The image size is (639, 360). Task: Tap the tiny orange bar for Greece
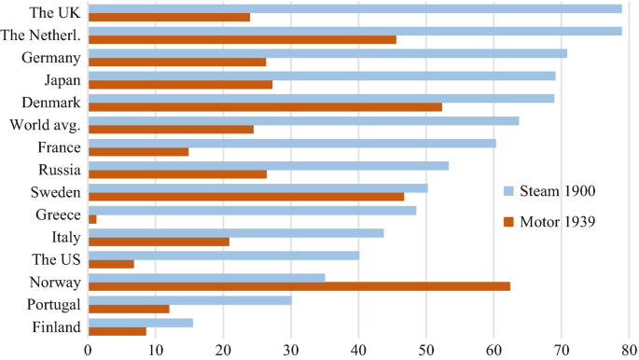coord(91,219)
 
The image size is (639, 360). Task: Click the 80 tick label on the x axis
coord(630,350)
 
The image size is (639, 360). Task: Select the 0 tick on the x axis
coord(88,350)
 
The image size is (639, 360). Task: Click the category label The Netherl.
coord(41,35)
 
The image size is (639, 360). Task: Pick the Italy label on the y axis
coord(65,237)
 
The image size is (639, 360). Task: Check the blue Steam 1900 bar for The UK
coord(354,8)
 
